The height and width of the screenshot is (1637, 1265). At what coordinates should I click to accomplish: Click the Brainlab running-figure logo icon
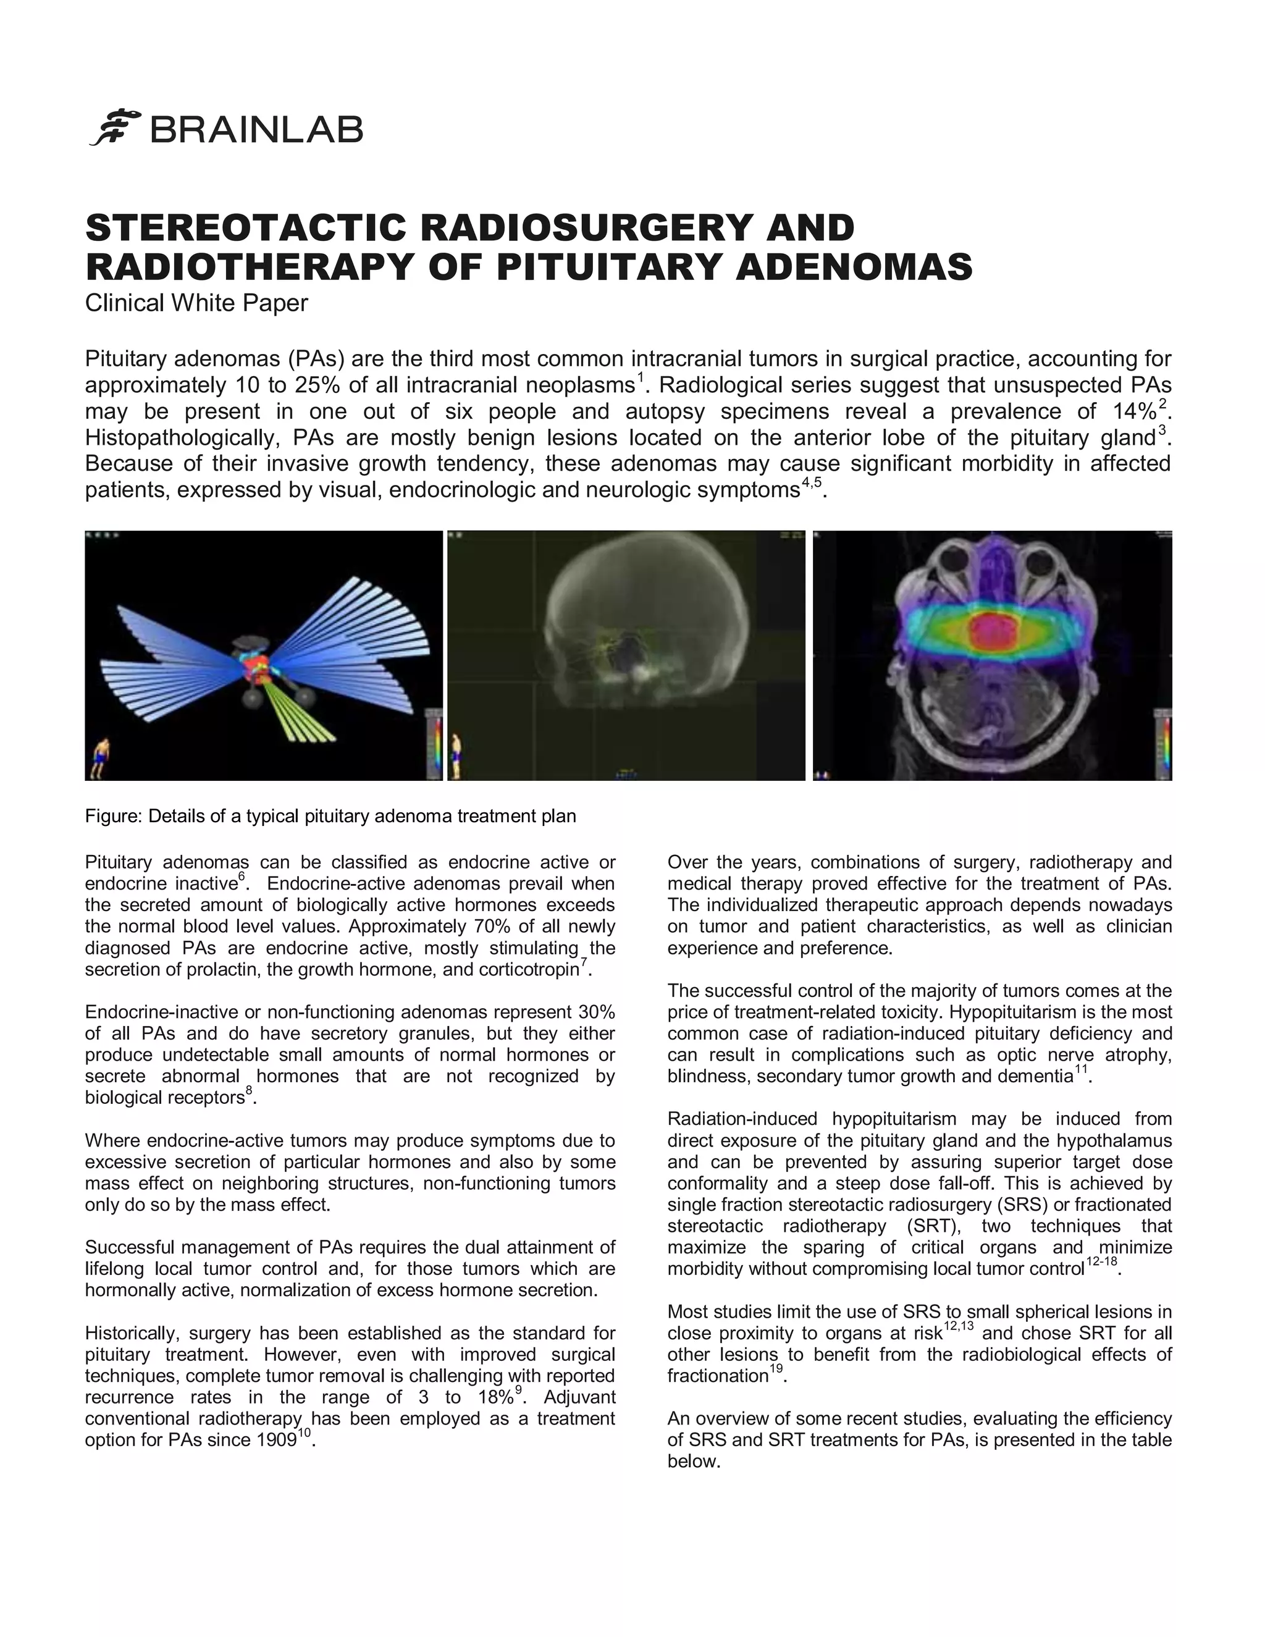click(x=116, y=128)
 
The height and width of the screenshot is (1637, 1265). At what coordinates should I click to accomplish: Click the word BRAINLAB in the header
click(x=257, y=130)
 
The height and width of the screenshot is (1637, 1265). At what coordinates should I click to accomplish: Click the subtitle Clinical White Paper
click(x=196, y=303)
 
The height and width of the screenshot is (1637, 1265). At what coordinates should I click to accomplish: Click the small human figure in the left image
click(x=101, y=757)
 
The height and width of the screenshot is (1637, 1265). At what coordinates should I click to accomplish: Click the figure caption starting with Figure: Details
click(x=330, y=816)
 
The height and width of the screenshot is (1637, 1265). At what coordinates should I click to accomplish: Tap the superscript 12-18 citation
click(x=1101, y=1262)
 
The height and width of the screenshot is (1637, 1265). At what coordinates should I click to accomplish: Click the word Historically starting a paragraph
click(x=130, y=1334)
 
